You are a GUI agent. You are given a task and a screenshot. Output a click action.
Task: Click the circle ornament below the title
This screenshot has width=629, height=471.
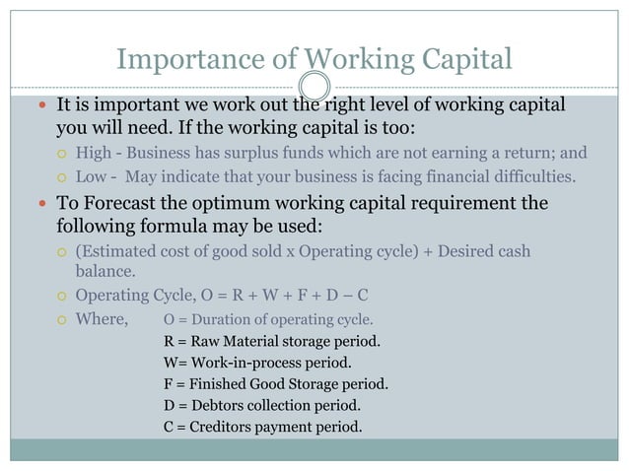pos(314,86)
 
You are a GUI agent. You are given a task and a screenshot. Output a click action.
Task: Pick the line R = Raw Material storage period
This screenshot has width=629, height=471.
pos(272,341)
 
